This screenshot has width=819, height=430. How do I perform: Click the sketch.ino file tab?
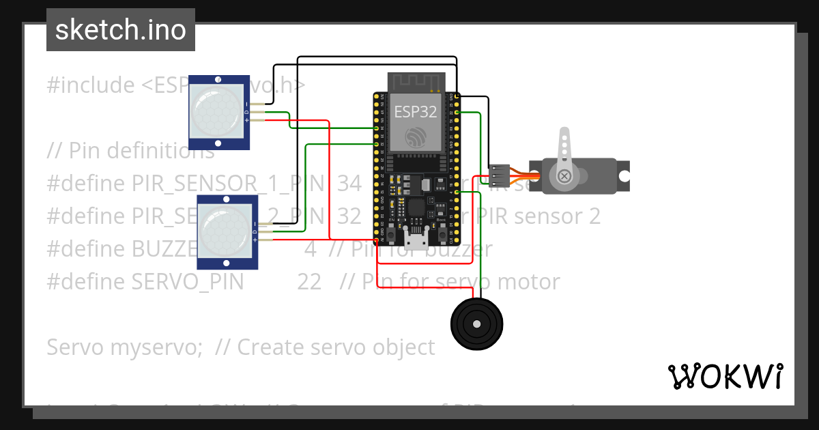tap(120, 30)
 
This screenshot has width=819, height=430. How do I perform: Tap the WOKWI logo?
tap(725, 376)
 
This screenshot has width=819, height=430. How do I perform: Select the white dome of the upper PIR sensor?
tap(218, 112)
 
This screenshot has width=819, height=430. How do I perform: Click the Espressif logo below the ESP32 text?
tap(415, 137)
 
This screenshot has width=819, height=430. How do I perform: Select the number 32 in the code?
tap(349, 216)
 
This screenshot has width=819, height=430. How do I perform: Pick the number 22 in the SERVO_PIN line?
tap(309, 282)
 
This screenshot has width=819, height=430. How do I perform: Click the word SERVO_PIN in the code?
tap(188, 282)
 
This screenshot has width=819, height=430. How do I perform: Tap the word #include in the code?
tap(91, 85)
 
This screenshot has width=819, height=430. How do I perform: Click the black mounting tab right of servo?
tap(622, 175)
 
